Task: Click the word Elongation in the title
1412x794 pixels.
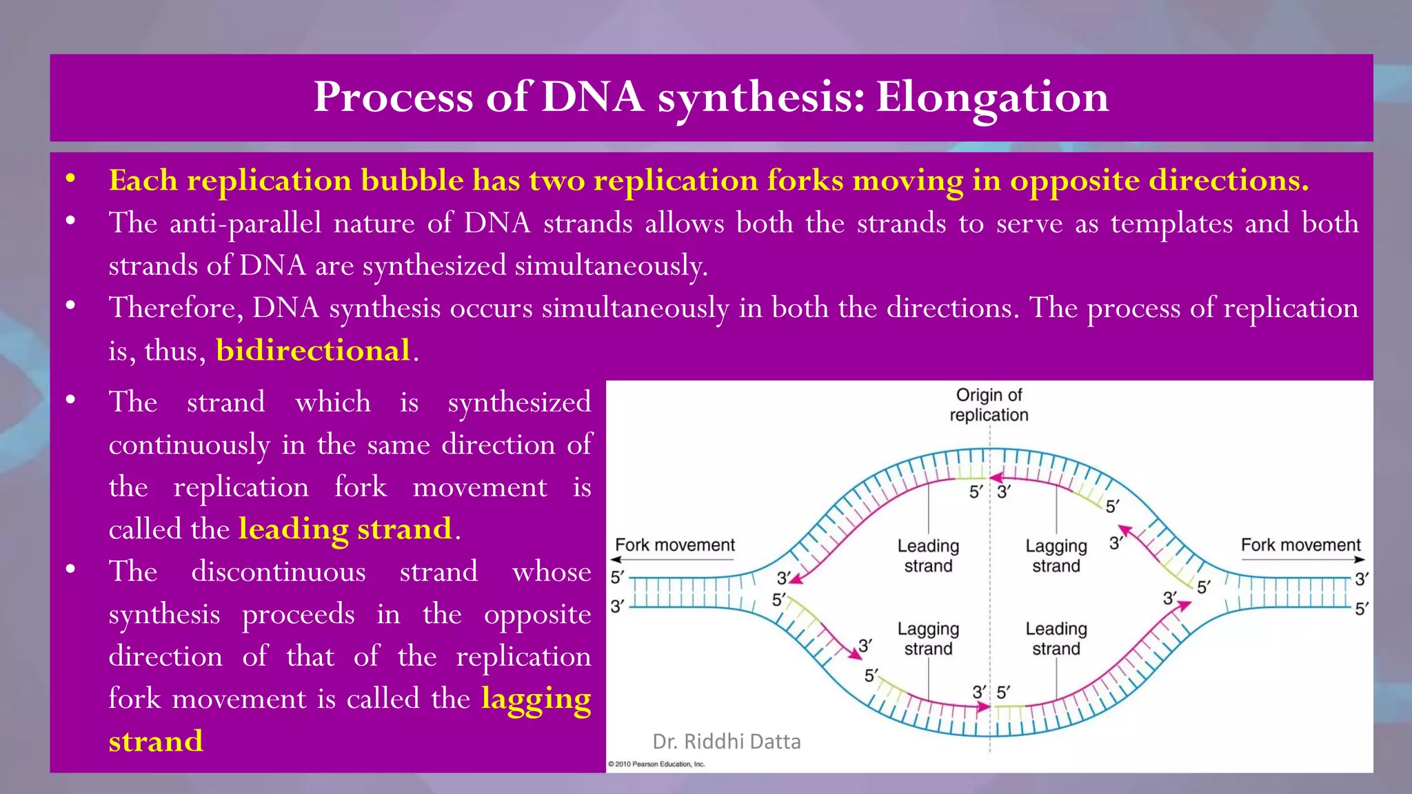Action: (x=993, y=98)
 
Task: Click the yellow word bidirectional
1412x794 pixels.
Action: (x=313, y=350)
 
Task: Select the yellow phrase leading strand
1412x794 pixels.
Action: (x=345, y=529)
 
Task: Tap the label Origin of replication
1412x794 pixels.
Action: (x=989, y=405)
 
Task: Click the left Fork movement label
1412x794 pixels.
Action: (x=675, y=545)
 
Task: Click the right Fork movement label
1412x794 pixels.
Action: (x=1301, y=545)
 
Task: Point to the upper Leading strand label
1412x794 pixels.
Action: (x=928, y=556)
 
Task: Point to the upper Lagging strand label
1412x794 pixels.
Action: (x=1056, y=556)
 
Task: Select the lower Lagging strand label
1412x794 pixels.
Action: (x=928, y=638)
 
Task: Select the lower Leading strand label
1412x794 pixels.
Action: (x=1056, y=638)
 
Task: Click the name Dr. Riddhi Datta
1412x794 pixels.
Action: (x=727, y=742)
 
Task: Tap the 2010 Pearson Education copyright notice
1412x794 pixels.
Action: (x=656, y=764)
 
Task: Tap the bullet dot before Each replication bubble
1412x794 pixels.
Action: (x=70, y=179)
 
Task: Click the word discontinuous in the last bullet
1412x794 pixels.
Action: (x=279, y=572)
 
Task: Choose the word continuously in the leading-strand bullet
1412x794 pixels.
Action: (x=189, y=446)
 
